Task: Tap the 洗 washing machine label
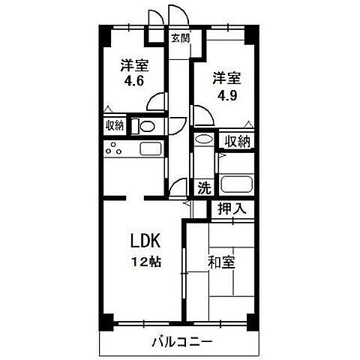[x=203, y=187]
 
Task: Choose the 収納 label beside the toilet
[x=115, y=125]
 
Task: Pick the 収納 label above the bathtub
[x=238, y=141]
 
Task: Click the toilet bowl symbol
[x=147, y=126]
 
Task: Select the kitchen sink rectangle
[x=150, y=148]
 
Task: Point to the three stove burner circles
[x=115, y=148]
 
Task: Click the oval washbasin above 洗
[x=202, y=139]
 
